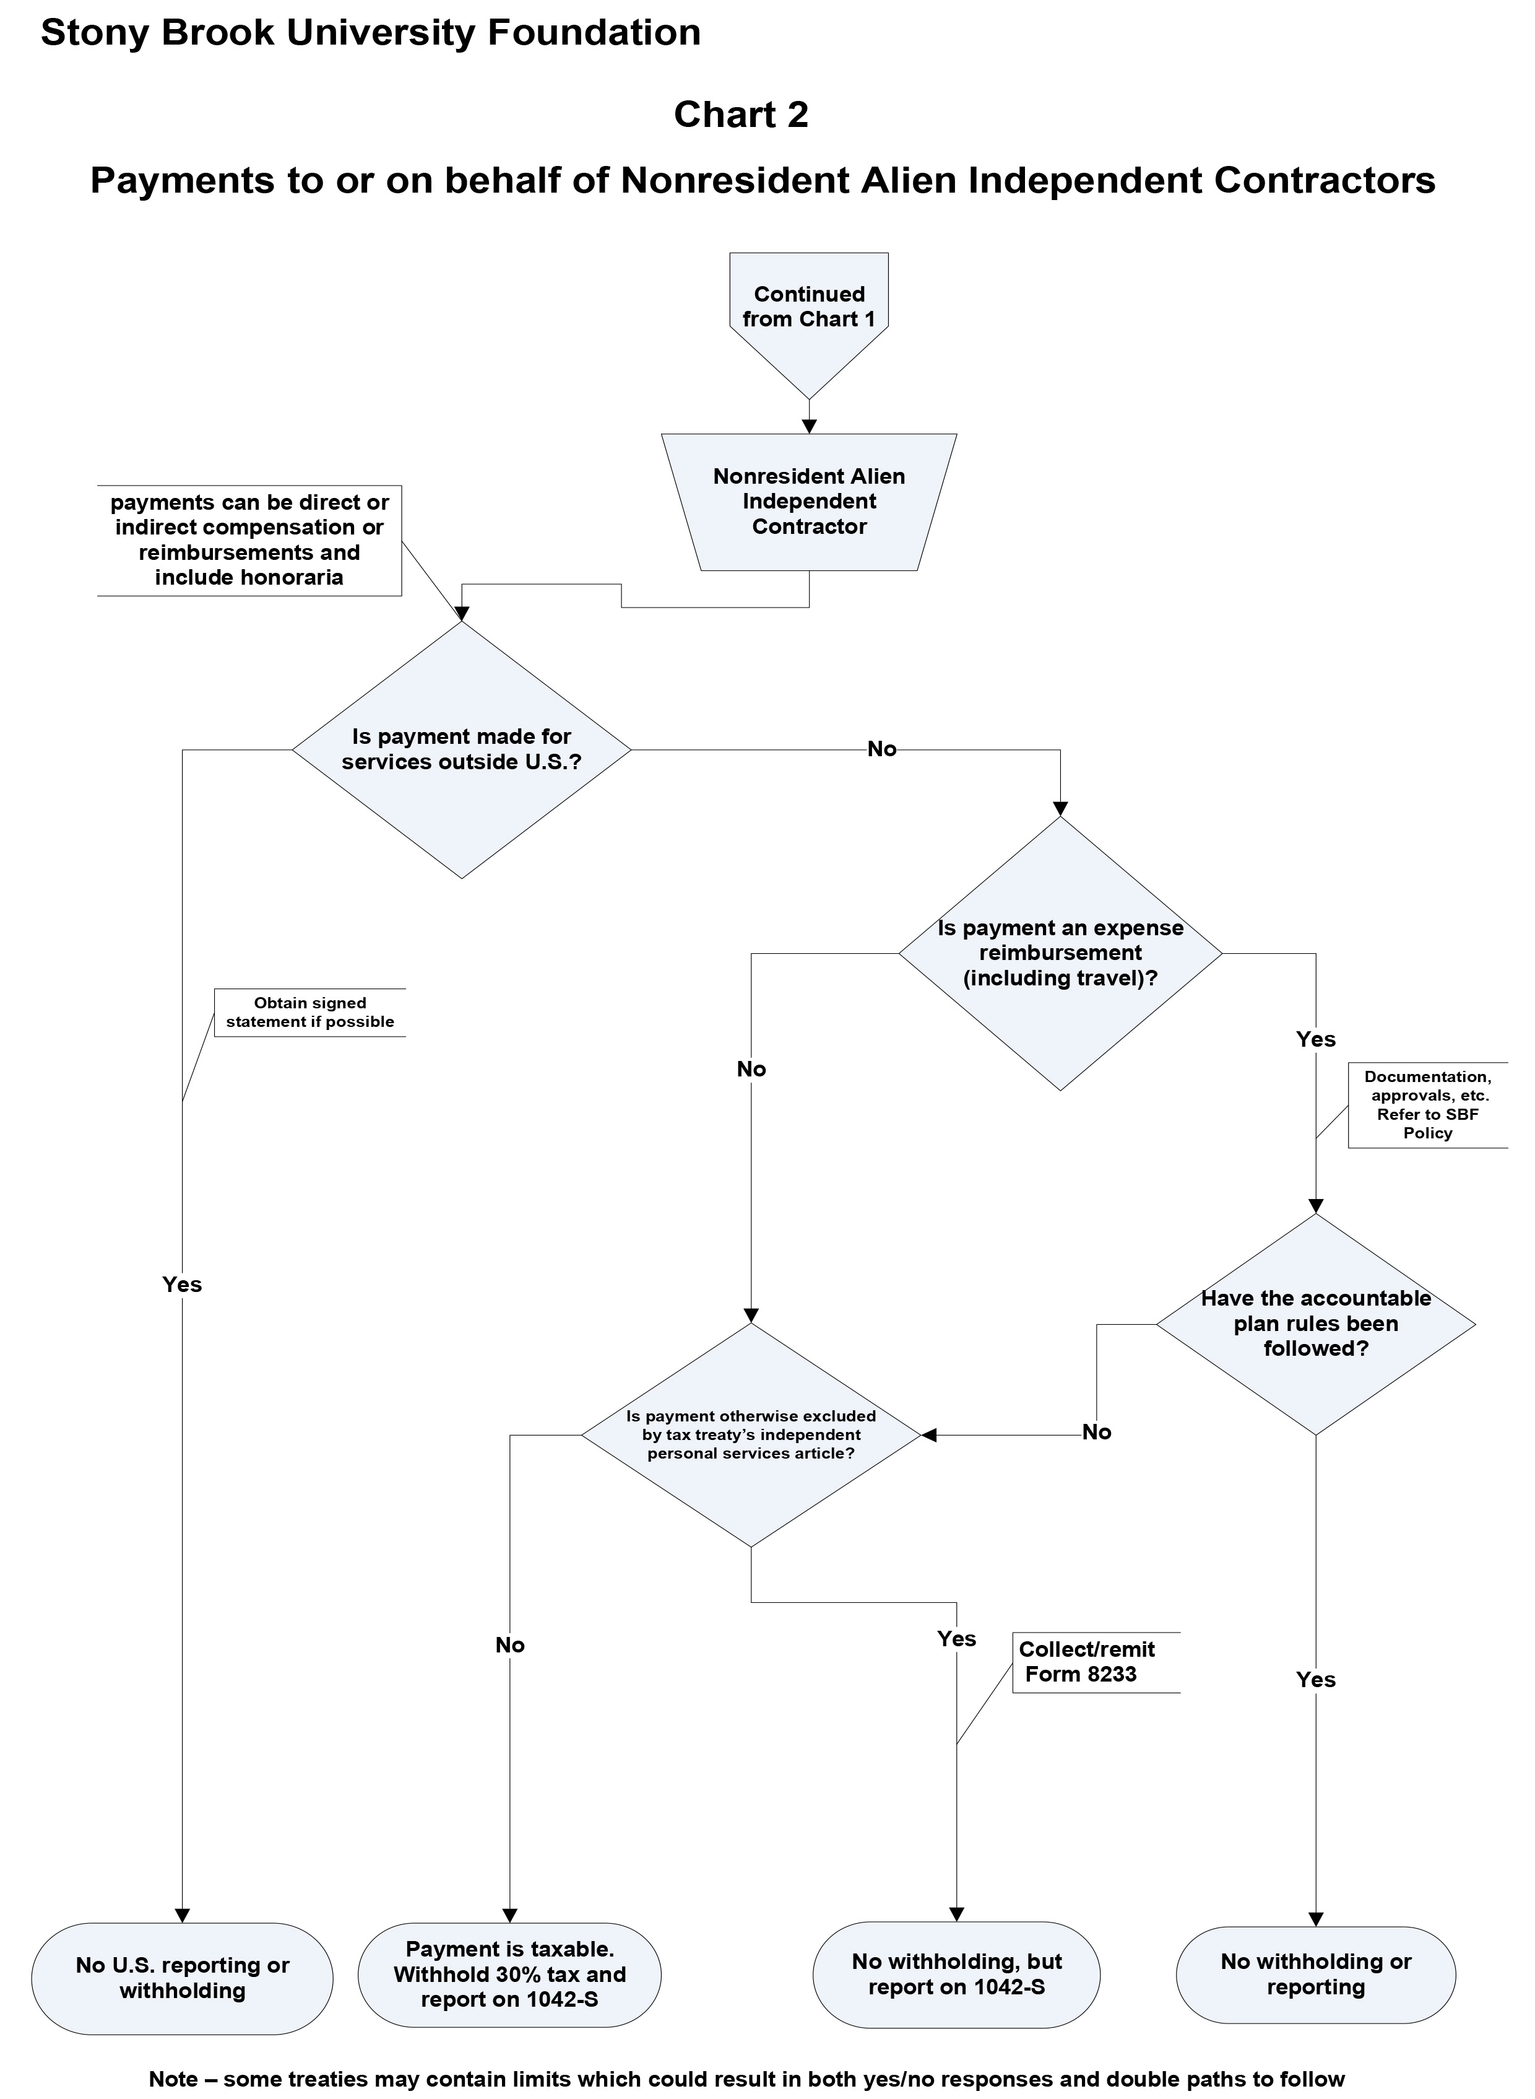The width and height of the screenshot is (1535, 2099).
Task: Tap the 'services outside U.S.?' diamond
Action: pyautogui.click(x=462, y=749)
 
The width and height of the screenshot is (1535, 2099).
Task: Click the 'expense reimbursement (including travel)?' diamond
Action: pyautogui.click(x=1060, y=953)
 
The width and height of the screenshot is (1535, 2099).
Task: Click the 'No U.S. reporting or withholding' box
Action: pyautogui.click(x=182, y=1978)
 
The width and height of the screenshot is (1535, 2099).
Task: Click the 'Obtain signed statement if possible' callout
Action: pyautogui.click(x=309, y=1012)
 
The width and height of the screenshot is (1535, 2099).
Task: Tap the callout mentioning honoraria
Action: pyautogui.click(x=249, y=540)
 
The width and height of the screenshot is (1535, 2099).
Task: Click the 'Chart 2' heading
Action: pyautogui.click(x=740, y=115)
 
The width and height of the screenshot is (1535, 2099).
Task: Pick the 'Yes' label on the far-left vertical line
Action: pyautogui.click(x=182, y=1285)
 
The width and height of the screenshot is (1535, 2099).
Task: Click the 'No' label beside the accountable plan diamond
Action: pyautogui.click(x=1096, y=1433)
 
